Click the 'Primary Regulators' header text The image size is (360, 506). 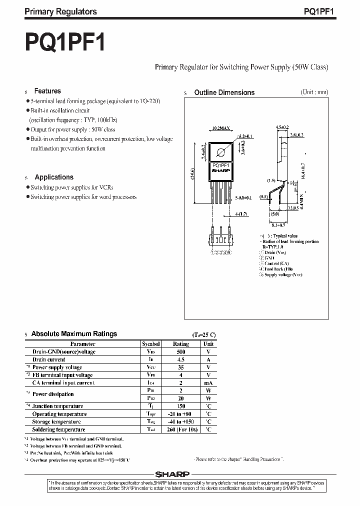point(60,11)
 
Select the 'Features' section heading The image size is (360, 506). point(47,91)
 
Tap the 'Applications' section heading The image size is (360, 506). point(53,177)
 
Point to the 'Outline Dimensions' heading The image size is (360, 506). point(224,92)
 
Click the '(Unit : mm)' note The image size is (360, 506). point(314,92)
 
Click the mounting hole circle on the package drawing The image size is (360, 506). point(220,152)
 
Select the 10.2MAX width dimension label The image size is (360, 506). point(220,128)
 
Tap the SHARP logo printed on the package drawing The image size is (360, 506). point(220,170)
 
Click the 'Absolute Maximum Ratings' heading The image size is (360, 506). point(74,333)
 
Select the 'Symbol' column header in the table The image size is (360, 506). point(151,344)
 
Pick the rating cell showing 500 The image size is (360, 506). point(180,352)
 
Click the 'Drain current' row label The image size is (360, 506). point(48,359)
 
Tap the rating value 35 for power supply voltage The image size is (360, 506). point(180,367)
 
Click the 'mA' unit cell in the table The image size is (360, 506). point(208,382)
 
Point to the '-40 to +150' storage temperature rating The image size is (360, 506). point(180,421)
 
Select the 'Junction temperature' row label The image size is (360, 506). point(57,406)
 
